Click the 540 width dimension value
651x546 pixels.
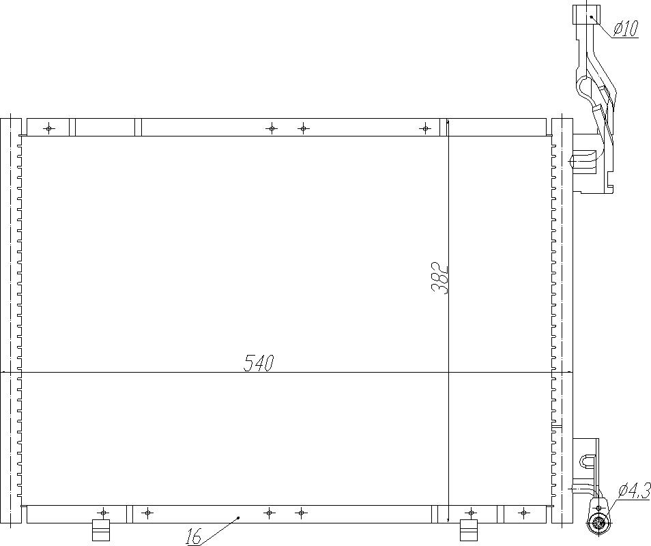pos(259,363)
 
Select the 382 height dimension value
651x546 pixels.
pos(440,278)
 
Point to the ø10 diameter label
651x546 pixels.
pos(625,28)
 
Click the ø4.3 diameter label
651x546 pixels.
pos(634,491)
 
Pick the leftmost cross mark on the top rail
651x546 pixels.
pos(48,128)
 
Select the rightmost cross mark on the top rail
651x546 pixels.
pos(425,128)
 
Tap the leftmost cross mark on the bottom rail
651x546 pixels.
pos(103,512)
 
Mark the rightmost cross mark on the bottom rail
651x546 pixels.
pos(523,512)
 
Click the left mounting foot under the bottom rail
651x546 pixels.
pos(101,530)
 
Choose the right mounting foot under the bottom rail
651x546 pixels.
pos(468,530)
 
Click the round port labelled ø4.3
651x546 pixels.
pos(599,524)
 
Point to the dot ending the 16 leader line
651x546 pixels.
pos(238,518)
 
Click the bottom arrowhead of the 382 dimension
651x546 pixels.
pos(448,519)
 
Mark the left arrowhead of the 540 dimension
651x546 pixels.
pos(5,373)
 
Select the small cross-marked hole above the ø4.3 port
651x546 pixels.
pos(599,508)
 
